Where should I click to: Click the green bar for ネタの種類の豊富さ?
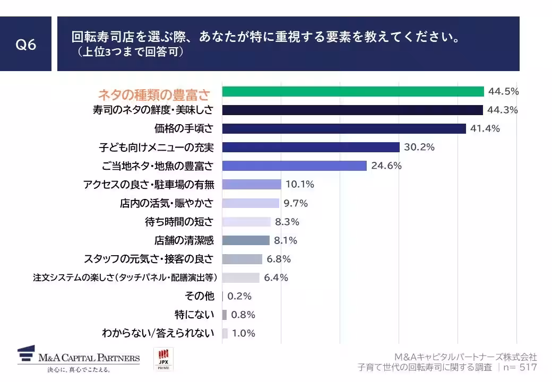tap(353, 91)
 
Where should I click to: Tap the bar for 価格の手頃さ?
tap(344, 128)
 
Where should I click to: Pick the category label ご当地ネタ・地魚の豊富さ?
tap(157, 166)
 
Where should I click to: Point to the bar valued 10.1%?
tap(252, 185)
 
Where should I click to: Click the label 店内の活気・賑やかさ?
tap(167, 203)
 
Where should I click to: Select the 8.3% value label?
tap(287, 222)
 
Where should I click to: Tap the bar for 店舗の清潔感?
tap(246, 240)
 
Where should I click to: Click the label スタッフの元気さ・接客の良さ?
tap(149, 259)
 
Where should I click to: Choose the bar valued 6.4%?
tap(241, 277)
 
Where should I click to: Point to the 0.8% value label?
tap(243, 315)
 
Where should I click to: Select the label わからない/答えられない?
tap(158, 333)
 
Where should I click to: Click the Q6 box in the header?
tap(25, 45)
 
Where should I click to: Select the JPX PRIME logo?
tap(163, 360)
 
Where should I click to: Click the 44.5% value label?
tap(503, 91)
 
